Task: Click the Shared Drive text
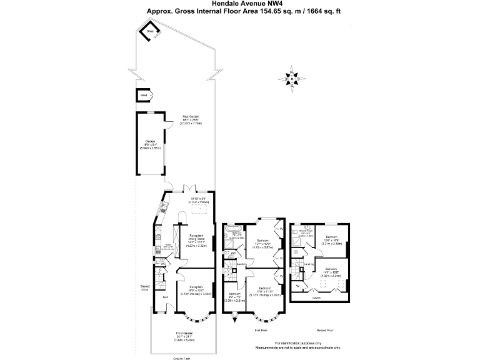[x=144, y=289]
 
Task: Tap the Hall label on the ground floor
[x=166, y=297]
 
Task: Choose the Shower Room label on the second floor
[x=306, y=231]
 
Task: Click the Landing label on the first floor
[x=241, y=264]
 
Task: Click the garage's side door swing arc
[x=169, y=121]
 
